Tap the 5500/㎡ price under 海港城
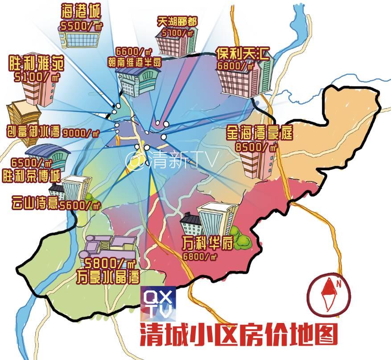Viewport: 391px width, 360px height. click(80, 27)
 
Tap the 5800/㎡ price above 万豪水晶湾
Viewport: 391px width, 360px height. click(107, 262)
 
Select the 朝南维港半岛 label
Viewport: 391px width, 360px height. click(134, 63)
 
